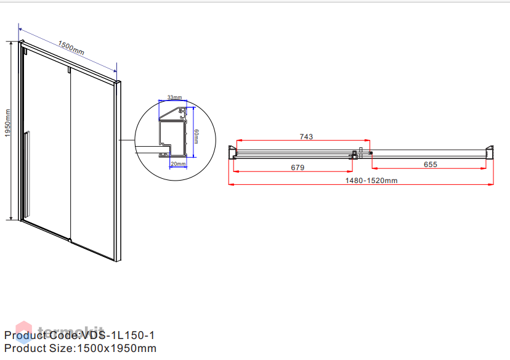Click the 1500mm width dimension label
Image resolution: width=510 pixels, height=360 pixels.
71,48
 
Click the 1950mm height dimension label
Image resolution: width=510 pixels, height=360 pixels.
8,123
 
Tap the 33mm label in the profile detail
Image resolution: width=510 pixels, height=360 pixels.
175,97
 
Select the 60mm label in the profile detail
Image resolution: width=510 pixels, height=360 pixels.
196,136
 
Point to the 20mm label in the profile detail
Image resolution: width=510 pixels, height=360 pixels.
178,164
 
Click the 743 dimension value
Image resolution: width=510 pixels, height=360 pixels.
306,137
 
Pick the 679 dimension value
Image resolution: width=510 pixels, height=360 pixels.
297,168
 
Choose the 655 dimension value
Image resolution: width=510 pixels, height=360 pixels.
431,165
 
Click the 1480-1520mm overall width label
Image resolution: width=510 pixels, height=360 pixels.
371,181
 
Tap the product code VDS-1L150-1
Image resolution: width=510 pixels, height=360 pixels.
118,335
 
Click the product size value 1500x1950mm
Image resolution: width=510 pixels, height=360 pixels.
117,348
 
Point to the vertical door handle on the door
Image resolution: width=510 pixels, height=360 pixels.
27,173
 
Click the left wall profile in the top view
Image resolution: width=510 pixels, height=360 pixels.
232,152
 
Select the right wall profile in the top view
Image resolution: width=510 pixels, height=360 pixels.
490,152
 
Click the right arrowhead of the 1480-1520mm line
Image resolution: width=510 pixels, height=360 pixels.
491,184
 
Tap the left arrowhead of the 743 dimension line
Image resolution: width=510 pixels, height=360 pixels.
239,141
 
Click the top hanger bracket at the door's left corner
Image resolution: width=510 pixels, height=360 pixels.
25,51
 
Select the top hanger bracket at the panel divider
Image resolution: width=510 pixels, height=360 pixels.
69,70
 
